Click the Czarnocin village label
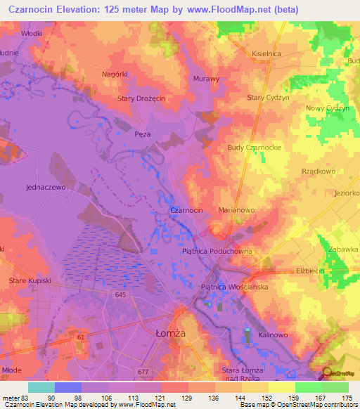pyautogui.click(x=186, y=210)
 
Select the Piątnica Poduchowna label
pyautogui.click(x=217, y=251)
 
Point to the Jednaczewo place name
pyautogui.click(x=45, y=188)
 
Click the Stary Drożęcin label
pyautogui.click(x=141, y=99)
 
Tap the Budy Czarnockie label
pyautogui.click(x=255, y=148)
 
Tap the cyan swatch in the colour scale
pyautogui.click(x=41, y=387)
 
